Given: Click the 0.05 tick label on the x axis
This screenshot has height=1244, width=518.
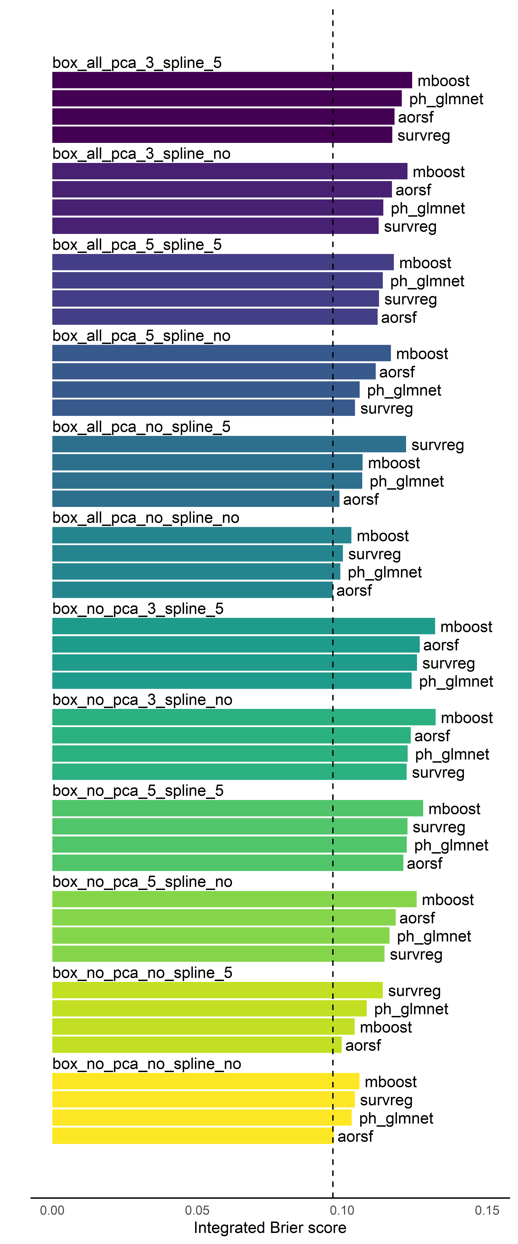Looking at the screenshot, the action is (197, 1210).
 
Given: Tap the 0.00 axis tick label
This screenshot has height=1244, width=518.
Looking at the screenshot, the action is (52, 1210).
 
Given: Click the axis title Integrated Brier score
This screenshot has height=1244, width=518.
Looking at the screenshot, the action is (270, 1228).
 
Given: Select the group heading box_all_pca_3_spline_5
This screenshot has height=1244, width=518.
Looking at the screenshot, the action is (137, 63).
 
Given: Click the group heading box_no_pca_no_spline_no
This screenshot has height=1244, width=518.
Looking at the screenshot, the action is (147, 1064).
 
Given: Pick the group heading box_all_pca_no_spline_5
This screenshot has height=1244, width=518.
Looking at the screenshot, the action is (141, 427).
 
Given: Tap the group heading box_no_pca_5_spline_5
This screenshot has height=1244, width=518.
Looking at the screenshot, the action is (138, 791).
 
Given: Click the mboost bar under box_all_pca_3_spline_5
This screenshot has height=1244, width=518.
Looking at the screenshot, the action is (232, 80).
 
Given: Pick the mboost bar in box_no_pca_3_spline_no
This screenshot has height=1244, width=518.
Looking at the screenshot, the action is (244, 717).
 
